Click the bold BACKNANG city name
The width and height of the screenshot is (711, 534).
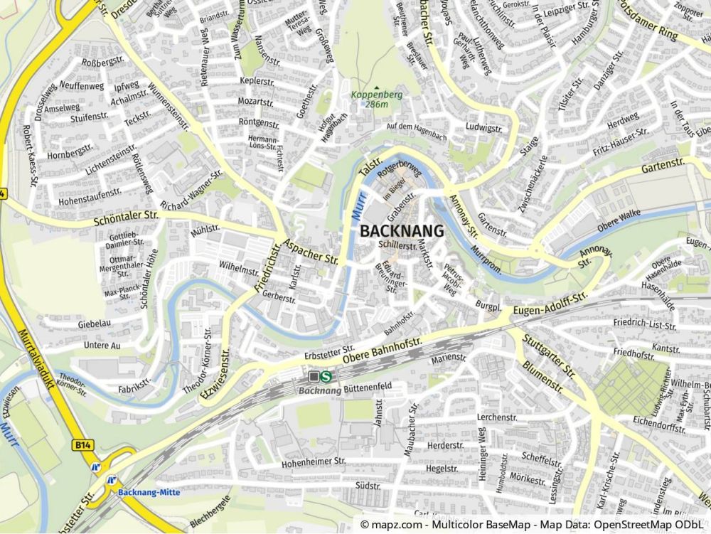click(402, 231)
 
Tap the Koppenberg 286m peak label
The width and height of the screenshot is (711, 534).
click(376, 98)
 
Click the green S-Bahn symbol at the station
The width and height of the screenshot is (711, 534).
click(326, 375)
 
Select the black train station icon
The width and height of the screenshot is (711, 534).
click(314, 375)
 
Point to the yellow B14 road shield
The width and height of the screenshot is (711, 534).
click(83, 444)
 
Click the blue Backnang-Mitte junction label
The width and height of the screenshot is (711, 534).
click(149, 492)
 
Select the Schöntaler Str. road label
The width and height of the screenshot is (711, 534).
click(126, 218)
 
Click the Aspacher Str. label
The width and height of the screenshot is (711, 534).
click(311, 250)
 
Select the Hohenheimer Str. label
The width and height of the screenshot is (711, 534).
click(314, 461)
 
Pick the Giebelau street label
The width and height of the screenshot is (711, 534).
click(95, 323)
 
